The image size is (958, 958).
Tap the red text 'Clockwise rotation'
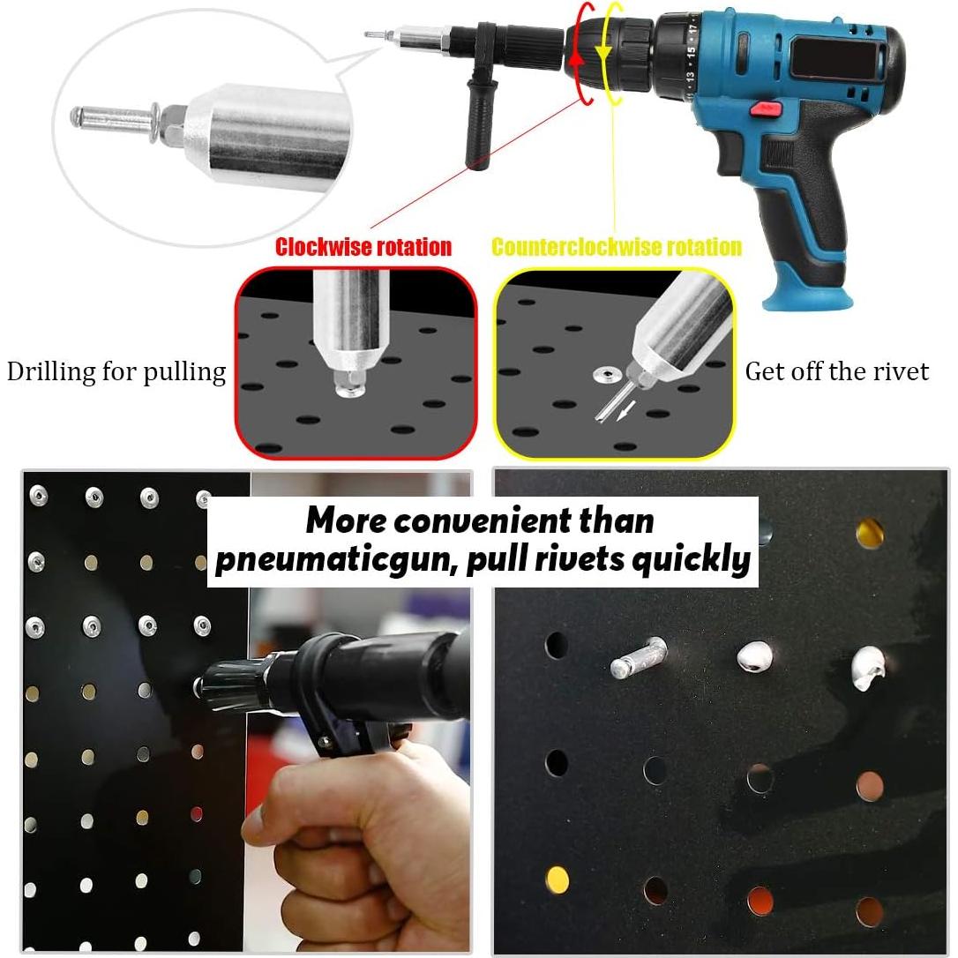tap(363, 247)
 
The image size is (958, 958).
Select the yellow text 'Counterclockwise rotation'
tap(616, 247)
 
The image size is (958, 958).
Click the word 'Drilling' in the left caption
tap(51, 371)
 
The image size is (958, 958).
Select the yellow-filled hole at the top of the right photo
tap(870, 532)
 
